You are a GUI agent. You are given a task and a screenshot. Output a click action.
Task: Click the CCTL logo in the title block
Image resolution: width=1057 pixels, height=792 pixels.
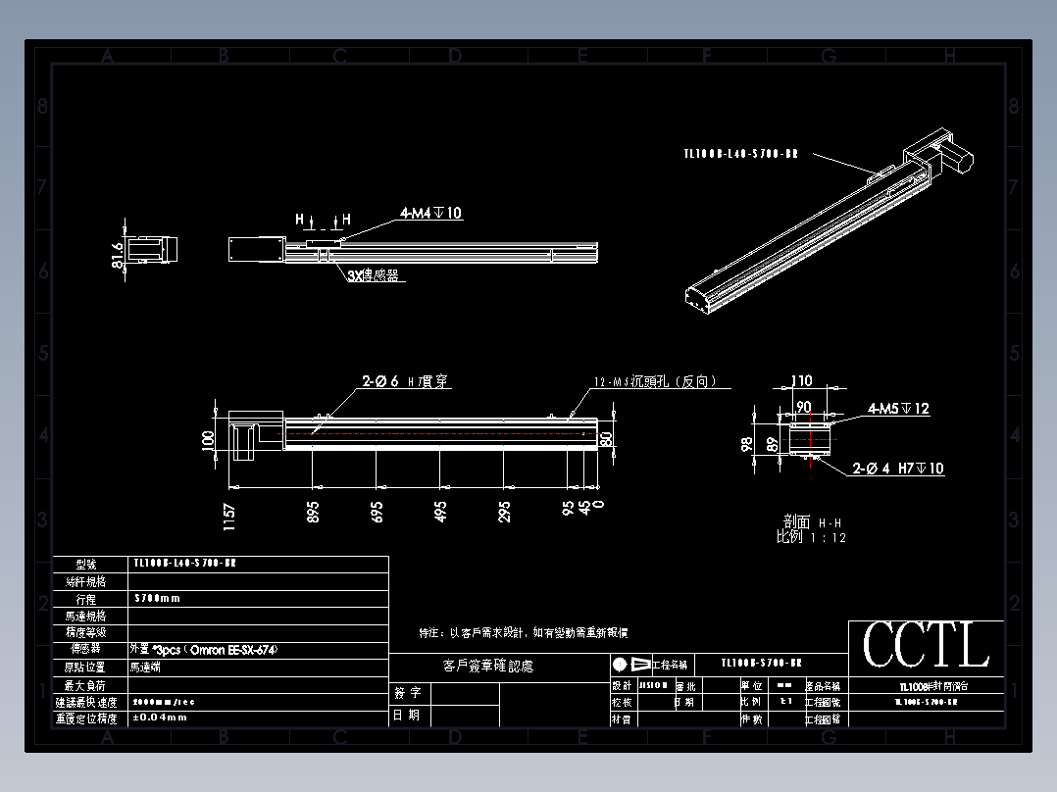(x=926, y=646)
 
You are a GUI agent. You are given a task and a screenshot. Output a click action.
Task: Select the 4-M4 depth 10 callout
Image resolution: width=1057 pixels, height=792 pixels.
(x=430, y=213)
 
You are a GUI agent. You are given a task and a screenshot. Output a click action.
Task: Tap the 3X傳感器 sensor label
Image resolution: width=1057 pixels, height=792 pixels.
(x=374, y=276)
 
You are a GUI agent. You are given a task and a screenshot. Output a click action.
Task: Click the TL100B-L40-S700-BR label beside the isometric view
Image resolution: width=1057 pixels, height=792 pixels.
(x=740, y=154)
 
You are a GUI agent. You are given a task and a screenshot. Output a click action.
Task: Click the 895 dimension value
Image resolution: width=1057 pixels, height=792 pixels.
(x=313, y=511)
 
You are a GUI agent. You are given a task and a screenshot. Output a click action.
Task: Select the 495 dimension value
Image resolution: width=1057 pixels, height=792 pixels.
(x=440, y=511)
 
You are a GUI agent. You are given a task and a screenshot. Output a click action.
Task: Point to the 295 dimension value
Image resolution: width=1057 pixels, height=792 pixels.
(x=504, y=511)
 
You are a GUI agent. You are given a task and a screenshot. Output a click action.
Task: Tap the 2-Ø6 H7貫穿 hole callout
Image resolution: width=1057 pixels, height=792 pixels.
(x=407, y=382)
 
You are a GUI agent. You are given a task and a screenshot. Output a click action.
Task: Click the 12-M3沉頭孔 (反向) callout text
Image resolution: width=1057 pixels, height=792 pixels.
(x=655, y=382)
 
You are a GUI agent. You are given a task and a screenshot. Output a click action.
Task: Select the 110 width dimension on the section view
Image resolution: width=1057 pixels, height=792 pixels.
(x=802, y=381)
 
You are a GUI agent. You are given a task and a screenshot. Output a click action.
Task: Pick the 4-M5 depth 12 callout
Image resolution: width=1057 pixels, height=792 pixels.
(x=898, y=409)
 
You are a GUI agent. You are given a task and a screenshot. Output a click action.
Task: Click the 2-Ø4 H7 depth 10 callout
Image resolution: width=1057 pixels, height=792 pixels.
(x=898, y=469)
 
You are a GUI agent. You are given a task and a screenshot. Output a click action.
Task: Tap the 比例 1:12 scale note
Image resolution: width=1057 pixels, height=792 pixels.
(x=811, y=537)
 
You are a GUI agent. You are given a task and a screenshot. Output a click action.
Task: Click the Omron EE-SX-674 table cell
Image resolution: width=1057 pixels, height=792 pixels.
(x=197, y=649)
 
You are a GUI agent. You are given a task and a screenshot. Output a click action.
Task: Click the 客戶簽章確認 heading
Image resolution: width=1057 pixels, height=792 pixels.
(x=488, y=667)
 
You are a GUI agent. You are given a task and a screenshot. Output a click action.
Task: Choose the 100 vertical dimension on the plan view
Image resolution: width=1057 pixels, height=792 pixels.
(x=208, y=439)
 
